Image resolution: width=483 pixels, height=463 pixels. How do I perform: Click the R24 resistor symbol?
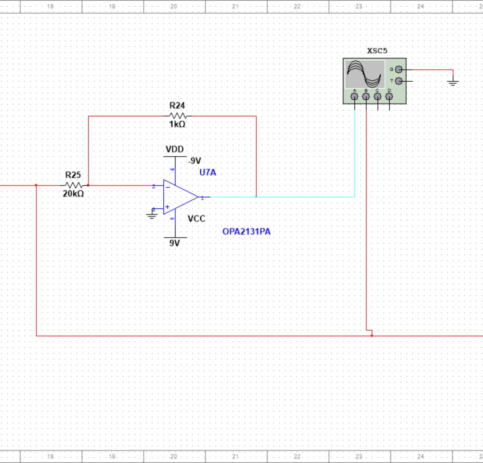(178, 116)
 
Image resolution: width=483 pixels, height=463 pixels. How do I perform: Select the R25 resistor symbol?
(74, 185)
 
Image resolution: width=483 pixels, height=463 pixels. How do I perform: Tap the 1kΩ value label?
(177, 124)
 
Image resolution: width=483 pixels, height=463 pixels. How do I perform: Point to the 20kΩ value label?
(73, 194)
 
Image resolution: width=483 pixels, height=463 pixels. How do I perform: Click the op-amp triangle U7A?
(179, 197)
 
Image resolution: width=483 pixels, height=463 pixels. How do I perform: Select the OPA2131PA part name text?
(246, 232)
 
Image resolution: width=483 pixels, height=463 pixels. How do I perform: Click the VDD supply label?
(175, 149)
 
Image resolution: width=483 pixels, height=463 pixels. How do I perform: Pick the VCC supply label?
(196, 219)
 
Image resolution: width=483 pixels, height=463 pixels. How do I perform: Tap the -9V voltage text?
(195, 161)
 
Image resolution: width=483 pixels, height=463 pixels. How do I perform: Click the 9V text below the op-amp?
(175, 243)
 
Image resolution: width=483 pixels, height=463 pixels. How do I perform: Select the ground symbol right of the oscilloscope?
(453, 83)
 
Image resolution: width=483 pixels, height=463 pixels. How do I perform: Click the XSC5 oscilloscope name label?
(377, 51)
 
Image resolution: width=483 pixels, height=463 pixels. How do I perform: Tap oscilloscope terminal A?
(354, 96)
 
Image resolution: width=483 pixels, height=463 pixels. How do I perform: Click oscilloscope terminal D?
(389, 96)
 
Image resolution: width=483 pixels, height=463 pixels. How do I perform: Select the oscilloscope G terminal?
(399, 69)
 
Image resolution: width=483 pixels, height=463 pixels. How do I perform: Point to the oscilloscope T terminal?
(399, 81)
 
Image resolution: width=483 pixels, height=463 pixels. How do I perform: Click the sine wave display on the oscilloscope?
(365, 74)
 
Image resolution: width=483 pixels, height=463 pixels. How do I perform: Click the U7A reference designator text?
(208, 173)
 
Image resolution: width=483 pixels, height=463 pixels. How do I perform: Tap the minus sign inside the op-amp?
(168, 187)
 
